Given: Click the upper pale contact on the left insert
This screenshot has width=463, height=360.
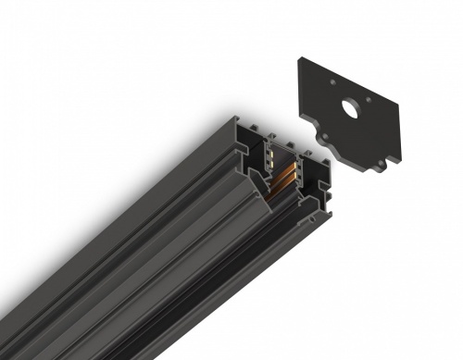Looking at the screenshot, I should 271,153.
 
